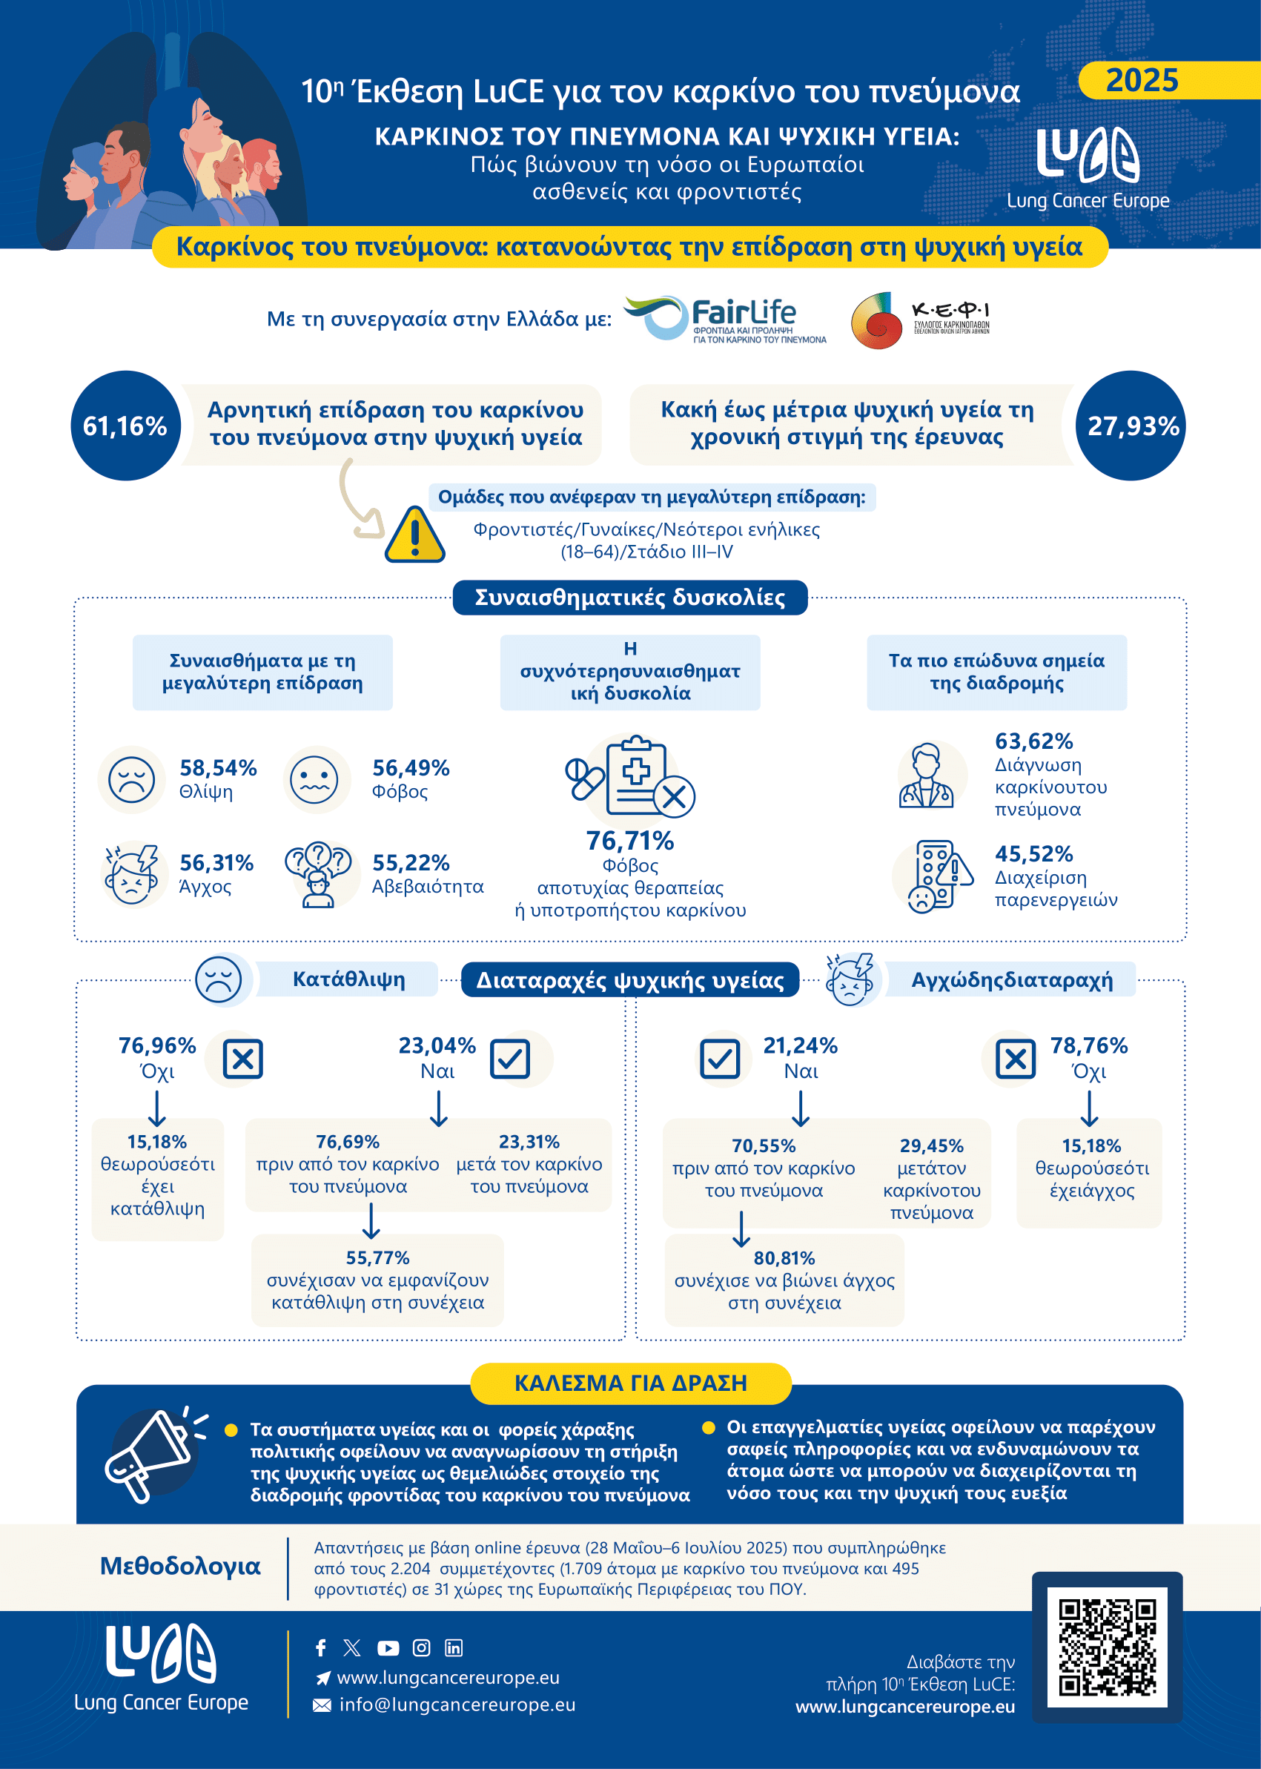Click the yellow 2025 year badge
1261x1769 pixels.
click(x=1142, y=80)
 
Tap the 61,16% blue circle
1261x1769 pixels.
click(x=126, y=426)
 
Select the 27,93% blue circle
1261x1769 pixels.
click(x=1132, y=426)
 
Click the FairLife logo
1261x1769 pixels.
click(x=726, y=319)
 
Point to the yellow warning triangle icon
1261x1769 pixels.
click(x=415, y=536)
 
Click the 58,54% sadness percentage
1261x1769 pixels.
click(x=218, y=768)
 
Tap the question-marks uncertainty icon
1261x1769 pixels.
click(x=318, y=873)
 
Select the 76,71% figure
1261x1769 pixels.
click(x=629, y=840)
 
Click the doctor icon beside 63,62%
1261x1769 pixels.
click(x=927, y=776)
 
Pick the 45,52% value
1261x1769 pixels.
click(x=1033, y=854)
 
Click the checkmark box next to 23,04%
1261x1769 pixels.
click(x=510, y=1059)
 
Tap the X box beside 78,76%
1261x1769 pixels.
click(x=1016, y=1059)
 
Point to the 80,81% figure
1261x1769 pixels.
click(x=784, y=1258)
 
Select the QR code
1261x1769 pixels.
click(x=1108, y=1647)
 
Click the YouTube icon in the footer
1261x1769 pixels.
click(x=388, y=1648)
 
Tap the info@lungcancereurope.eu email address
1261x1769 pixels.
click(x=457, y=1704)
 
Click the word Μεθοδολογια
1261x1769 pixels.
click(x=180, y=1566)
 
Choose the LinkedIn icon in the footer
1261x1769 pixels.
click(x=454, y=1648)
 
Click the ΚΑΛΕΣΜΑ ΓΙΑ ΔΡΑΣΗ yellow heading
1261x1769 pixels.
click(x=630, y=1383)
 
